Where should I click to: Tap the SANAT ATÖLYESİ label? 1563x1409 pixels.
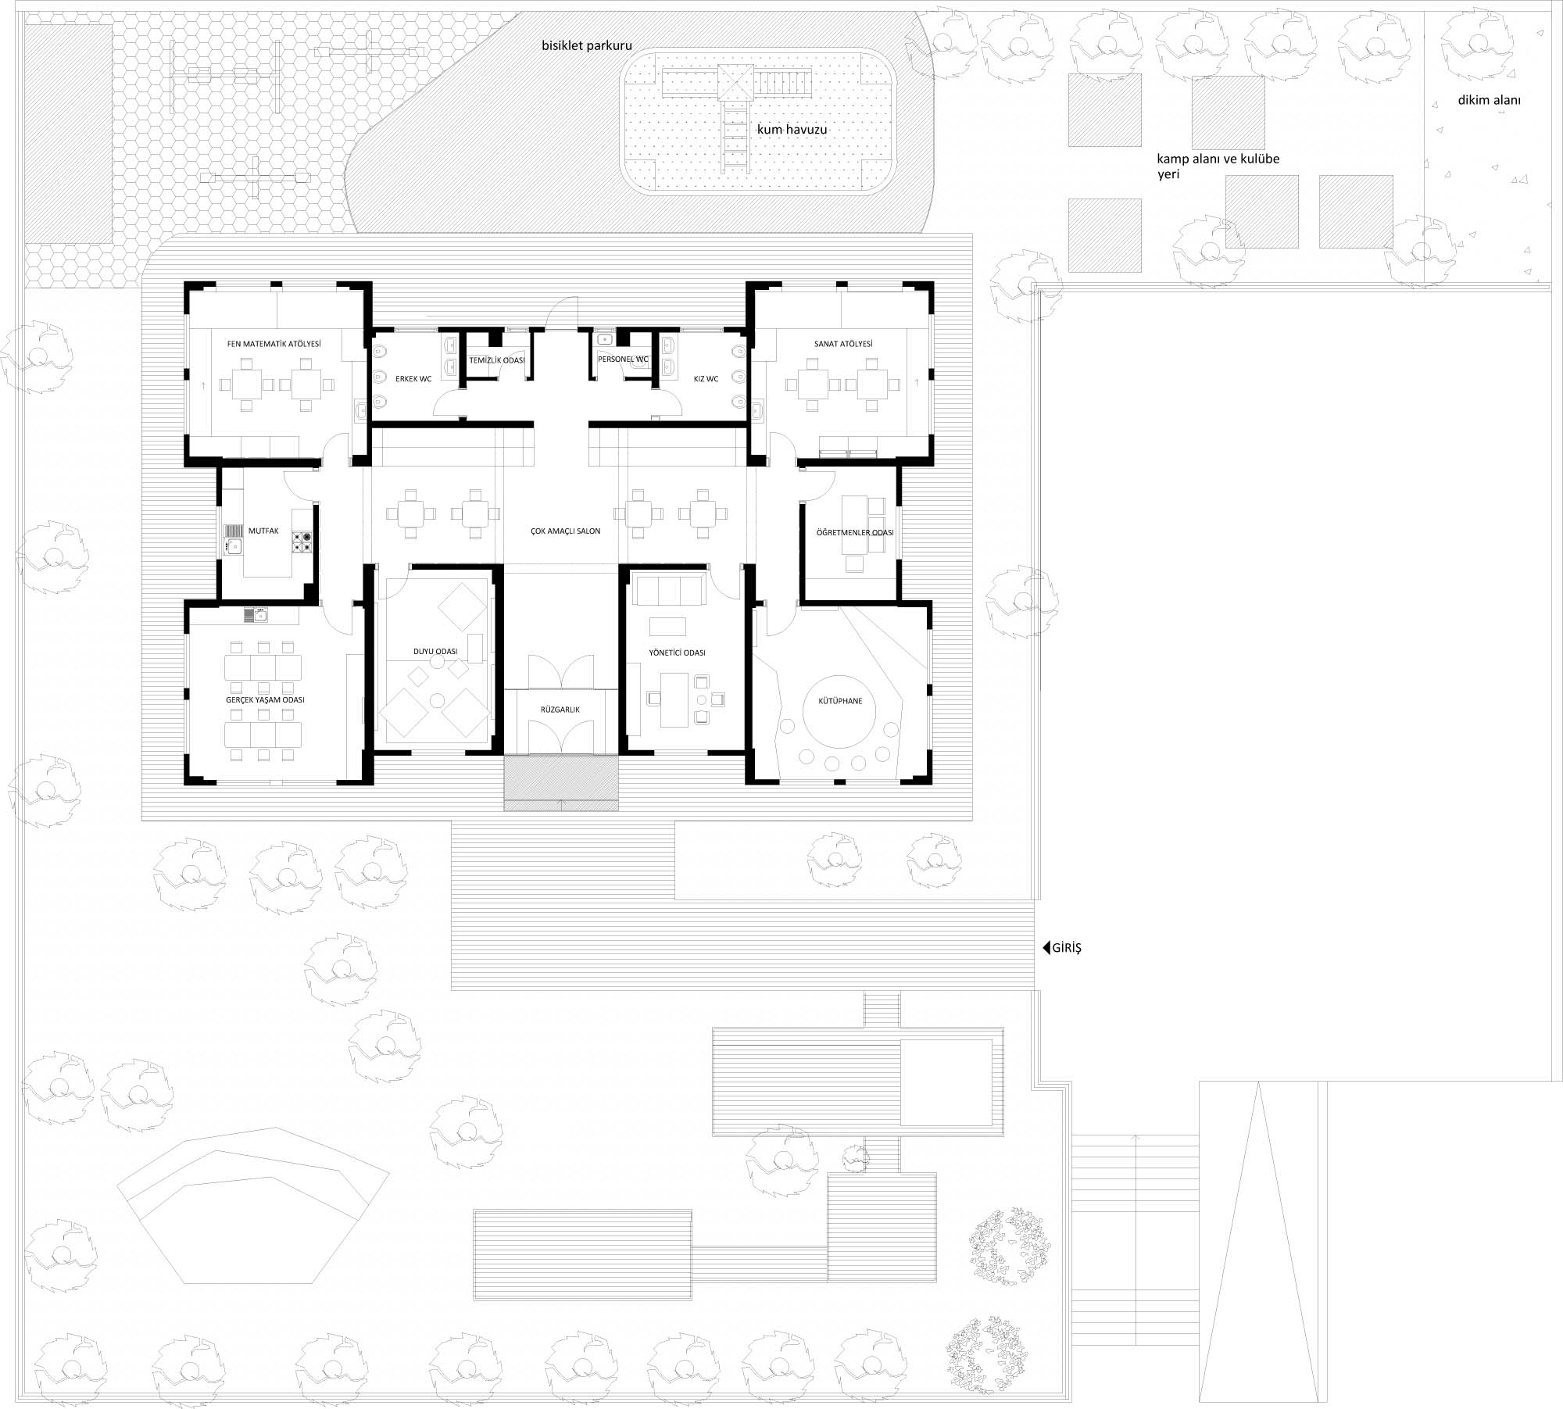pyautogui.click(x=843, y=344)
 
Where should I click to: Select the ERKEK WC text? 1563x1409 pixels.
pyautogui.click(x=413, y=379)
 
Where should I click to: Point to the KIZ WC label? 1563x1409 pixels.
pyautogui.click(x=706, y=379)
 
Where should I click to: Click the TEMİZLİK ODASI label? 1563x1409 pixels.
pyautogui.click(x=497, y=360)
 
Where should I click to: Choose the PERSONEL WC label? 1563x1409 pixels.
pyautogui.click(x=623, y=359)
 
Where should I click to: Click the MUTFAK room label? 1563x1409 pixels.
pyautogui.click(x=263, y=531)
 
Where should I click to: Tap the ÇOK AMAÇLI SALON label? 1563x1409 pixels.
pyautogui.click(x=565, y=531)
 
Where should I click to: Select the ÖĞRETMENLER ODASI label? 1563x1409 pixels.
pyautogui.click(x=855, y=532)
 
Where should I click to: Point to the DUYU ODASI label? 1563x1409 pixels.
pyautogui.click(x=435, y=651)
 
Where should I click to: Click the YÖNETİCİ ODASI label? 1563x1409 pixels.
pyautogui.click(x=678, y=653)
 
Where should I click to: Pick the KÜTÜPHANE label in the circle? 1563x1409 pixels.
pyautogui.click(x=841, y=701)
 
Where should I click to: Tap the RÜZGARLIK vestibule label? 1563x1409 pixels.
pyautogui.click(x=560, y=710)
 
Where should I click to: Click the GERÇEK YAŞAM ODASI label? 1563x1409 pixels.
pyautogui.click(x=265, y=700)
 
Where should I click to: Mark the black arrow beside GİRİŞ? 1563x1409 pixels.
pyautogui.click(x=1046, y=949)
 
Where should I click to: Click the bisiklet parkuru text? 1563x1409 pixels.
pyautogui.click(x=587, y=46)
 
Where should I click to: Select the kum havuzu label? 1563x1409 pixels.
pyautogui.click(x=792, y=129)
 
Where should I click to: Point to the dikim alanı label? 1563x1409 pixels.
pyautogui.click(x=1490, y=100)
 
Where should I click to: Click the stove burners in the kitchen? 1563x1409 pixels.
pyautogui.click(x=302, y=542)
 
